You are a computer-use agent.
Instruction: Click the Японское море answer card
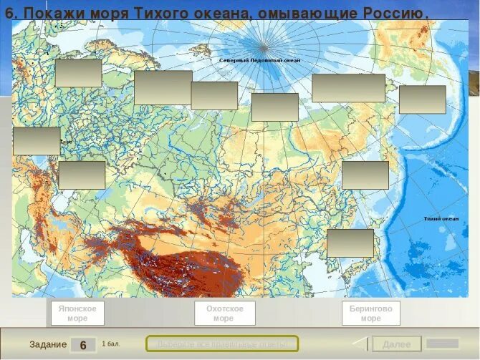coord(77,313)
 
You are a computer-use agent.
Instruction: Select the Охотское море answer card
coord(224,313)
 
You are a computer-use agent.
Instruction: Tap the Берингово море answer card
coord(370,313)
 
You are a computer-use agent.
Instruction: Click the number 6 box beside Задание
coord(83,345)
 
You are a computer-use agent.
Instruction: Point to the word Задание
coord(48,345)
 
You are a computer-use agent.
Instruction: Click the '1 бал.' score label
coord(110,344)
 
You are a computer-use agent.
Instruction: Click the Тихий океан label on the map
coord(440,218)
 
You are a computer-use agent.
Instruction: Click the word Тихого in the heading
coord(156,14)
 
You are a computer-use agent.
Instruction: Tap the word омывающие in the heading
coord(299,14)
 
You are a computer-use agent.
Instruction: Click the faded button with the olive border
coord(221,344)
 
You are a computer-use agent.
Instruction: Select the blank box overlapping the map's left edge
coord(37,141)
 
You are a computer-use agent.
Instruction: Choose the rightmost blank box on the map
coord(422,99)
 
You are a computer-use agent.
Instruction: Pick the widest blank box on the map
coord(348,88)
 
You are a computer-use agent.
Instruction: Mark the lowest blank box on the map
coord(350,243)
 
